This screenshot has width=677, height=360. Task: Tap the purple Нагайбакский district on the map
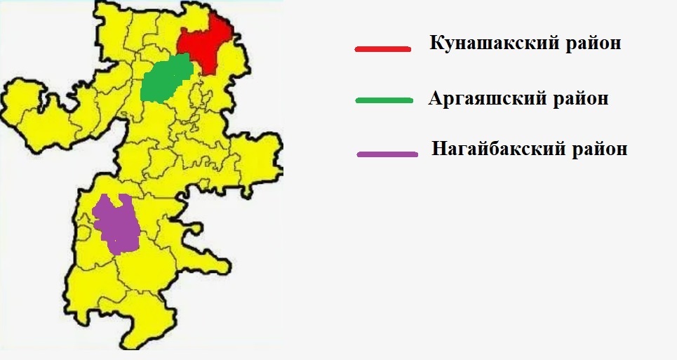pos(117,223)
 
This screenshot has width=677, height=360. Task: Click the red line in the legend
pos(382,49)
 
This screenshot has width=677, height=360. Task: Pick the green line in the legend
pos(383,100)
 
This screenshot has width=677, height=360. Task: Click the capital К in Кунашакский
pos(435,44)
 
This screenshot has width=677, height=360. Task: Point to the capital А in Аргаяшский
pos(435,98)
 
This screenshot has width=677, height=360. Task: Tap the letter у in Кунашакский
pos(446,46)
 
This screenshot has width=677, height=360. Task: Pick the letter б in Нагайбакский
pos(490,149)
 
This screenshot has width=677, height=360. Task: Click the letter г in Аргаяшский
pos(457,100)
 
